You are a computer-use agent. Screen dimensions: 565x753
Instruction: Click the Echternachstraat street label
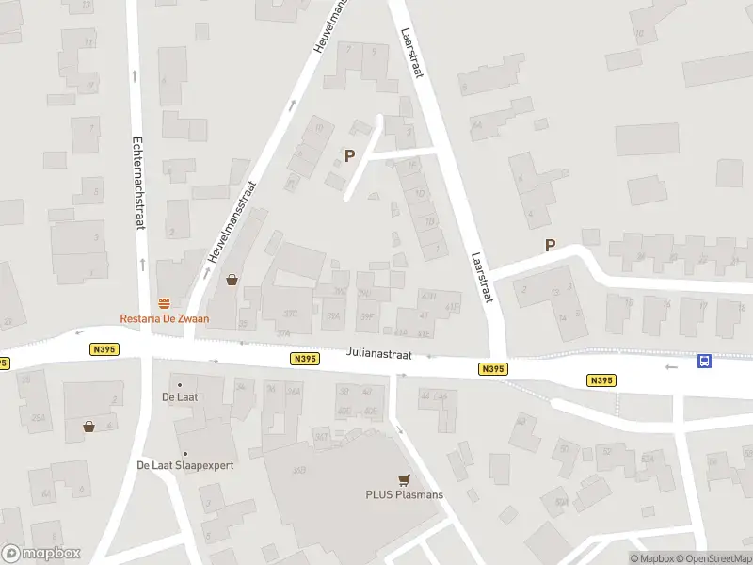pyautogui.click(x=137, y=181)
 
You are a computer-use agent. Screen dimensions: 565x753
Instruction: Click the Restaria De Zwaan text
pyautogui.click(x=165, y=318)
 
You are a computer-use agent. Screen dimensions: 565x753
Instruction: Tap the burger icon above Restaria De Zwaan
pyautogui.click(x=165, y=302)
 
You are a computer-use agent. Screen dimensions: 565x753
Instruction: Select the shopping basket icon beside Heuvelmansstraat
pyautogui.click(x=232, y=280)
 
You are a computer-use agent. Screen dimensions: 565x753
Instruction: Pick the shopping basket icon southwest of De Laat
pyautogui.click(x=88, y=426)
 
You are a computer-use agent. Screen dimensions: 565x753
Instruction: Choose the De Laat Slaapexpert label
pyautogui.click(x=184, y=465)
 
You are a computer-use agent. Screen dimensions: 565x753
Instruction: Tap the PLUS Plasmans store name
pyautogui.click(x=405, y=494)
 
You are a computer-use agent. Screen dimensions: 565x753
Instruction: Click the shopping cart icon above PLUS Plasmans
pyautogui.click(x=405, y=478)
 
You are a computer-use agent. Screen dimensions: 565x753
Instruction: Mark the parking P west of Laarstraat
pyautogui.click(x=350, y=156)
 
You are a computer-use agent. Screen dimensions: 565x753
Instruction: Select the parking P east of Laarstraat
pyautogui.click(x=551, y=246)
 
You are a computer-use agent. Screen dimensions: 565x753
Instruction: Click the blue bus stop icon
pyautogui.click(x=704, y=361)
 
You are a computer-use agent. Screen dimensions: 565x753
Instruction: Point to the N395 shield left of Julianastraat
pyautogui.click(x=305, y=359)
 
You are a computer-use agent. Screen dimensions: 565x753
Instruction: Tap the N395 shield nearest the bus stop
pyautogui.click(x=601, y=380)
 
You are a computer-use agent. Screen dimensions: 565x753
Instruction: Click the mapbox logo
pyautogui.click(x=41, y=553)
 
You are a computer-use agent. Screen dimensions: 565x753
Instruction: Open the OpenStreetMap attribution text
pyautogui.click(x=713, y=558)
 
